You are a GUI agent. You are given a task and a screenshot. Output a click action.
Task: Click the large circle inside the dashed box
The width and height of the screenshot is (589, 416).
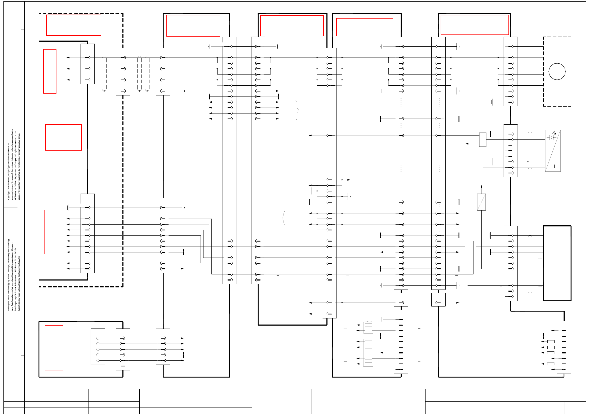[x=557, y=71]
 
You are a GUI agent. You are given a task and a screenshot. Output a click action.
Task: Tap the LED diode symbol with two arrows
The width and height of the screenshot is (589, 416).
[x=552, y=137]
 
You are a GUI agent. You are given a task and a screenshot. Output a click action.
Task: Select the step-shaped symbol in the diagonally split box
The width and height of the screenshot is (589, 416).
[x=554, y=167]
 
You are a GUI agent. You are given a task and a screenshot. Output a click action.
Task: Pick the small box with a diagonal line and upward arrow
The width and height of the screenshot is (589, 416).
[x=481, y=202]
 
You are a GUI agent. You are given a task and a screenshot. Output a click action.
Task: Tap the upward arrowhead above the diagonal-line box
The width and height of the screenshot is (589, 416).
[x=481, y=187]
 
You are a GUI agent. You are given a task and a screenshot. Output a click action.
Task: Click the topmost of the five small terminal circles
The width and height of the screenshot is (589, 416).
[x=98, y=338]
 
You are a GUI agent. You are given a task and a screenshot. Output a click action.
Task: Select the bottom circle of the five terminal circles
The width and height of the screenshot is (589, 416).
[x=98, y=360]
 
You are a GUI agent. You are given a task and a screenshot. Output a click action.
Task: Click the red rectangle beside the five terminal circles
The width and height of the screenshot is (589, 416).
[x=54, y=348]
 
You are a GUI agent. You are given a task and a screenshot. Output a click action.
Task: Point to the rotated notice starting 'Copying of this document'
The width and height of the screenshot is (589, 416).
[x=14, y=164]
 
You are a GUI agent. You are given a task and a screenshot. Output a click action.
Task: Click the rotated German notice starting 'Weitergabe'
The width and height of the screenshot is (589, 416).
[x=14, y=275]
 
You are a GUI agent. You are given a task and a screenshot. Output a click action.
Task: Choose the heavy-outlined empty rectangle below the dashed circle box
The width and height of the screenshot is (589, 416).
[x=557, y=263]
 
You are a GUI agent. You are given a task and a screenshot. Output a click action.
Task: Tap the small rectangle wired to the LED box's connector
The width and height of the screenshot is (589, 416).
[x=483, y=139]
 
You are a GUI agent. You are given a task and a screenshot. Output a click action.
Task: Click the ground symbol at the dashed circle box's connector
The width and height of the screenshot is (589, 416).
[x=491, y=102]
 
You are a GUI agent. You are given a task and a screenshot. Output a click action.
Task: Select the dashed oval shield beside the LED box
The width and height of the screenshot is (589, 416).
[x=530, y=151]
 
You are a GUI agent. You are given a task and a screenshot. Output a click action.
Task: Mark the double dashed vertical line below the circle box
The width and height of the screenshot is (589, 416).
[x=568, y=166]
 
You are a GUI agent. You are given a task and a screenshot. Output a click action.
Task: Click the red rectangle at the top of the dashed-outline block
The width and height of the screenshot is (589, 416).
[x=74, y=25]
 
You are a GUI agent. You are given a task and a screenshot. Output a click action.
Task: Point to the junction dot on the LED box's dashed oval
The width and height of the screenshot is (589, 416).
[x=528, y=162]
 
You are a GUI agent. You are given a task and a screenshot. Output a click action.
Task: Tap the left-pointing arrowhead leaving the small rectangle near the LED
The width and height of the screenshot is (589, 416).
[x=467, y=144]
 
